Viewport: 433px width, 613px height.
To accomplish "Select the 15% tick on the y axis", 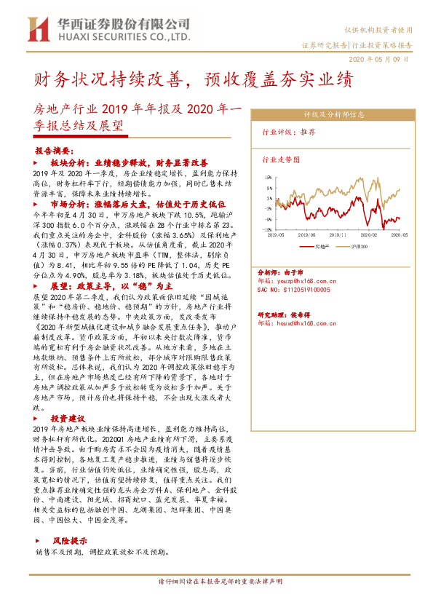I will pos(269,177).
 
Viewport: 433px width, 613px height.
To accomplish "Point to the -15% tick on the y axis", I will pos(269,229).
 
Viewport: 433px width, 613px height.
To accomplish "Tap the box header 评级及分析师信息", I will pos(334,114).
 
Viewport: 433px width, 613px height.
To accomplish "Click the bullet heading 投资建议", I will pos(68,419).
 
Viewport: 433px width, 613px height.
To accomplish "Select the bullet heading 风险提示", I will pos(69,541).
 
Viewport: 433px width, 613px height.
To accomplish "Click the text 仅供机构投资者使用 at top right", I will pos(384,30).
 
